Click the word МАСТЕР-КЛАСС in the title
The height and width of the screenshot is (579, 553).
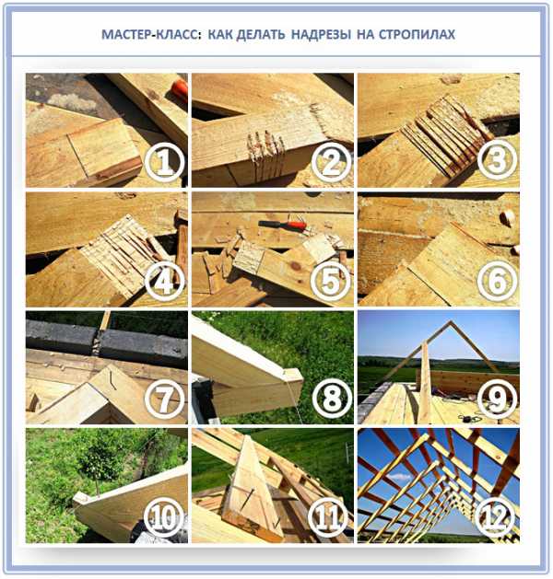(x=151, y=34)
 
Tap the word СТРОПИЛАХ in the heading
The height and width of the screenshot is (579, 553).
(x=417, y=34)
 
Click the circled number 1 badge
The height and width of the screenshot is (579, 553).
(x=164, y=163)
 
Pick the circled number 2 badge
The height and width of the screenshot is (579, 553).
(x=331, y=163)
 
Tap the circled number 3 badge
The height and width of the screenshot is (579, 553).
(x=497, y=159)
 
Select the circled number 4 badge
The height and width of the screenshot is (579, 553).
(x=164, y=282)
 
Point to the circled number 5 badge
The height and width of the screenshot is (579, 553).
(x=331, y=282)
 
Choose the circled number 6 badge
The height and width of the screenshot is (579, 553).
(x=497, y=282)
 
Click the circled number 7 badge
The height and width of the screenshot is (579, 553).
(x=164, y=400)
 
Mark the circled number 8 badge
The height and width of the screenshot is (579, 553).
(x=331, y=400)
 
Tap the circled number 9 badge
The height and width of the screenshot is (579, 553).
(x=497, y=400)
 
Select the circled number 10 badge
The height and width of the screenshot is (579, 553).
(x=164, y=518)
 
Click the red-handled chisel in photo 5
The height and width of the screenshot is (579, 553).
(x=283, y=225)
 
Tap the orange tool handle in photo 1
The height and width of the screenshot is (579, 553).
(x=180, y=89)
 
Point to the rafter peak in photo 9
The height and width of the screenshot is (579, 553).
(x=451, y=322)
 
